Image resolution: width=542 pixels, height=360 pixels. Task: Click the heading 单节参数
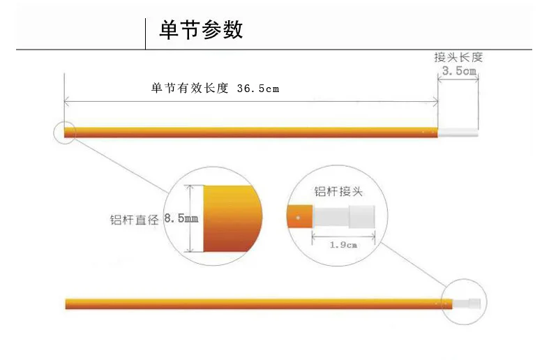click(201, 30)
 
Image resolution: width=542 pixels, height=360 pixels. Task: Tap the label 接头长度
click(458, 57)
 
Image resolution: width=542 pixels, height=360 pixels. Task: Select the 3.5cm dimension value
click(459, 71)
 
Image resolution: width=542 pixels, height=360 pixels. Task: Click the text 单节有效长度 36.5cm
click(215, 89)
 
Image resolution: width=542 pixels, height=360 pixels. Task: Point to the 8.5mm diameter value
click(181, 218)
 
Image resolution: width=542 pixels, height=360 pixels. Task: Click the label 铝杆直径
click(135, 219)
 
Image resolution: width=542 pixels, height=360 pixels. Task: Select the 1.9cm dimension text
click(343, 245)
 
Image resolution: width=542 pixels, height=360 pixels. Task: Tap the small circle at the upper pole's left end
click(65, 131)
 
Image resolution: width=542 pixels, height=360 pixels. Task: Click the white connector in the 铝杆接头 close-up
click(345, 217)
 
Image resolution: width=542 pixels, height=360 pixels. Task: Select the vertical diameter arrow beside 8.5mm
click(190, 218)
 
